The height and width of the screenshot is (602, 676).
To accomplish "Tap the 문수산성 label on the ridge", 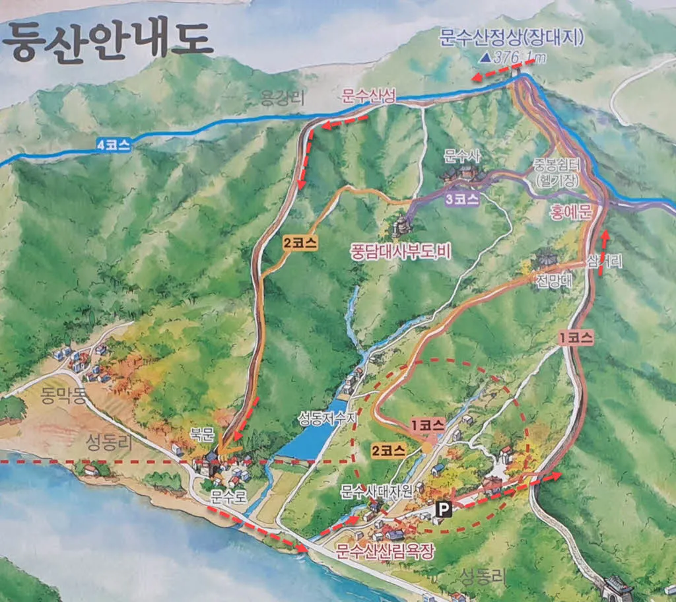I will [368, 96].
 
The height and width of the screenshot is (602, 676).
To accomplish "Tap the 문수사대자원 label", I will [378, 491].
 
